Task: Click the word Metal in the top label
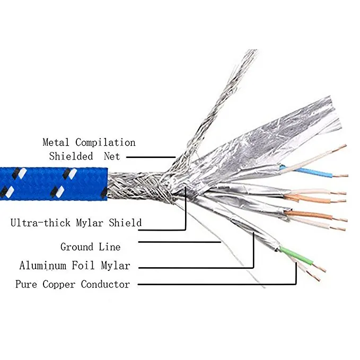(x=56, y=142)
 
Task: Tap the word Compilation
(x=106, y=143)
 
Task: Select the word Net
(x=112, y=156)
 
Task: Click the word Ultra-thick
(x=40, y=223)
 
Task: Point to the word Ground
(x=77, y=247)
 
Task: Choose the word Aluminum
(x=43, y=266)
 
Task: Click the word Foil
(x=83, y=266)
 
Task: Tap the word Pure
(x=26, y=284)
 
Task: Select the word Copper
(x=59, y=285)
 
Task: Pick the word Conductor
(x=106, y=284)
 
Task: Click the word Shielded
(x=71, y=156)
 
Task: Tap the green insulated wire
(x=296, y=255)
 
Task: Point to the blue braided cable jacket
(x=54, y=183)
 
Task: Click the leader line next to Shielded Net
(x=151, y=157)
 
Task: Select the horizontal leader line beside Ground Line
(x=180, y=242)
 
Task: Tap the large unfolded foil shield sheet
(x=264, y=142)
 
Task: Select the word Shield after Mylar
(x=125, y=223)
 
